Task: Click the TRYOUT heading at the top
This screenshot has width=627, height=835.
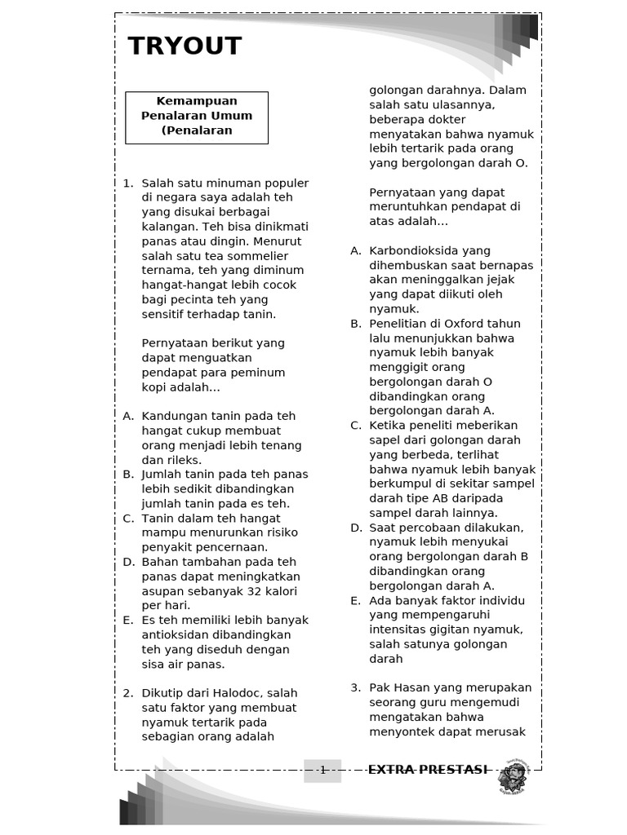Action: tap(185, 46)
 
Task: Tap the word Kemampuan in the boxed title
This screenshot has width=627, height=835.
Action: tap(197, 101)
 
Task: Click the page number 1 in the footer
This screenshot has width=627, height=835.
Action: tap(322, 770)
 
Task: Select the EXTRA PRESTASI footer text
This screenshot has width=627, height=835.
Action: tap(428, 770)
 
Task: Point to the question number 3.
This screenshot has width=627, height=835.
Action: tap(355, 688)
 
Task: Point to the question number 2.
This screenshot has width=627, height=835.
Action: tap(128, 693)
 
